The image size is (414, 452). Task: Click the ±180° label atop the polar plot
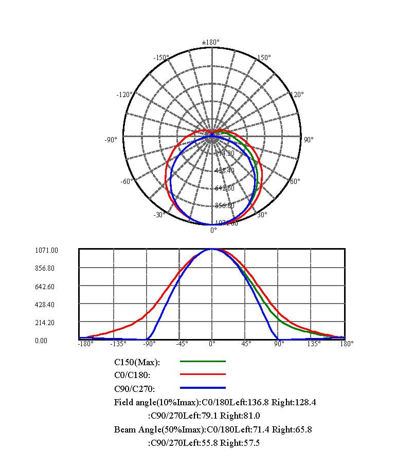pyautogui.click(x=211, y=42)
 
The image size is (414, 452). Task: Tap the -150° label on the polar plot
pyautogui.click(x=161, y=58)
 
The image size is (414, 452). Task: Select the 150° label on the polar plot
pyautogui.click(x=263, y=58)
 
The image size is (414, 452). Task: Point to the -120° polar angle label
pyautogui.click(x=124, y=95)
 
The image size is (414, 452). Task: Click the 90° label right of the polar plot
pyautogui.click(x=309, y=139)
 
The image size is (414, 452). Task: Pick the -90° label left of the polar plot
pyautogui.click(x=112, y=139)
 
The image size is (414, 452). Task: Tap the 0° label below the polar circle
pyautogui.click(x=213, y=230)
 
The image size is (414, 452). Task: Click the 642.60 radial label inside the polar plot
pyautogui.click(x=224, y=188)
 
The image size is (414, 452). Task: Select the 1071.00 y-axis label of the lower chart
pyautogui.click(x=46, y=251)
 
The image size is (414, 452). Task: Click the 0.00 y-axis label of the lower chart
pyautogui.click(x=41, y=341)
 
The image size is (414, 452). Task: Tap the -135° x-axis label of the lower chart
pyautogui.click(x=119, y=344)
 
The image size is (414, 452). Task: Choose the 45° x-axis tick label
pyautogui.click(x=246, y=344)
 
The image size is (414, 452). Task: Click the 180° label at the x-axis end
pyautogui.click(x=347, y=344)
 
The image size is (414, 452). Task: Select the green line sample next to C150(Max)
pyautogui.click(x=203, y=362)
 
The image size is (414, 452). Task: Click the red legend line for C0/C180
pyautogui.click(x=203, y=375)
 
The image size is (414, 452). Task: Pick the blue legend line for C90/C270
pyautogui.click(x=203, y=388)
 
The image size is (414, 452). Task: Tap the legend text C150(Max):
pyautogui.click(x=137, y=362)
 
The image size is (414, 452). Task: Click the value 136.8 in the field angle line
pyautogui.click(x=248, y=402)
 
